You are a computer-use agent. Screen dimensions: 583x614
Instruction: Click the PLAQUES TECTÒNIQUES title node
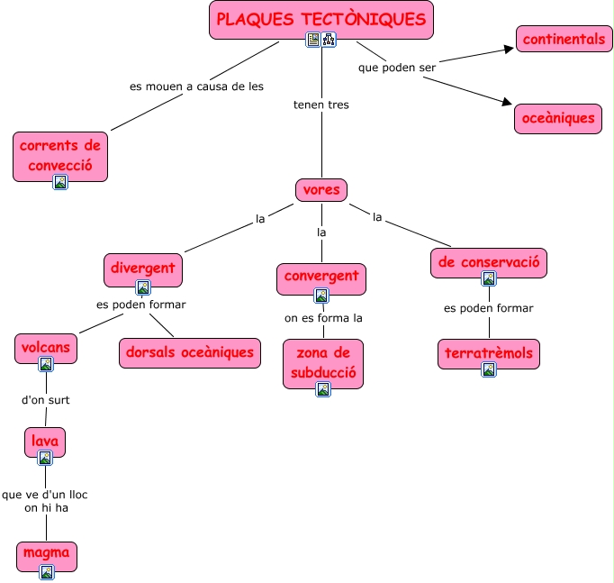point(321,20)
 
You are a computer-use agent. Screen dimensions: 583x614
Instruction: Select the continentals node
point(564,39)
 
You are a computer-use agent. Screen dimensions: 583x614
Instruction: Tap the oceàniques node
point(558,118)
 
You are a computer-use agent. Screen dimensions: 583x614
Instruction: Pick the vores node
point(321,190)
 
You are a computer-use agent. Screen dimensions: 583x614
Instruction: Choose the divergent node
point(142,269)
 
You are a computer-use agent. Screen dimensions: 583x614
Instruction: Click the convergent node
point(321,276)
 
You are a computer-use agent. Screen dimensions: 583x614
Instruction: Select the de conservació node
point(489,262)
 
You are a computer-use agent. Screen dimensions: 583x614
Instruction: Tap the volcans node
point(45,346)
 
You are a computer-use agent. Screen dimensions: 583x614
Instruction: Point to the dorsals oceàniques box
point(190,352)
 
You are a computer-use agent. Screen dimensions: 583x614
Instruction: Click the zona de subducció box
point(323,361)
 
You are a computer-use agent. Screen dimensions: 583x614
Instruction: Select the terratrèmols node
point(489,353)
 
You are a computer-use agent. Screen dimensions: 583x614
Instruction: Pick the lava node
point(45,441)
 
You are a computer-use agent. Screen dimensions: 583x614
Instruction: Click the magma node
point(46,552)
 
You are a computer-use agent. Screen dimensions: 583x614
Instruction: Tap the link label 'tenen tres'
point(321,105)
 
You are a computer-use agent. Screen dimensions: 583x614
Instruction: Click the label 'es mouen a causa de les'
point(196,87)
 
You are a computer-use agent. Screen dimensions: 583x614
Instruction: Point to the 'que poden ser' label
point(397,68)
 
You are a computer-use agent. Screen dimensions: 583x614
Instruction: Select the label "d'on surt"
point(45,400)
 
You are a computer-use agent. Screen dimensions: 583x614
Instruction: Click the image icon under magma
point(47,572)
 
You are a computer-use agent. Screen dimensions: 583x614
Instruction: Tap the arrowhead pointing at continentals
point(510,48)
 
